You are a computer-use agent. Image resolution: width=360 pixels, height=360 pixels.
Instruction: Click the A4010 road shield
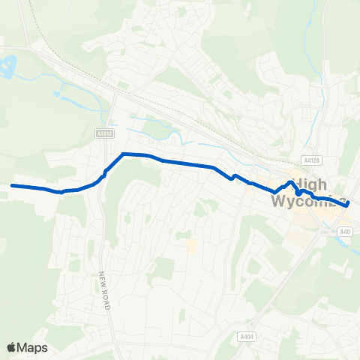pos(104,134)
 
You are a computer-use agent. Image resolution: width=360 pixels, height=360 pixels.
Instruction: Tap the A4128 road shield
pos(312,160)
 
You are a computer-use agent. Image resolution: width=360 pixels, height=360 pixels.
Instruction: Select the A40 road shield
pos(345,232)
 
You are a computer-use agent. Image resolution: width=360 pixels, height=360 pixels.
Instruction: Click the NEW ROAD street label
pos(104,292)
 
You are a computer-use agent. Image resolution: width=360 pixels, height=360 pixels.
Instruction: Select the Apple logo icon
pos(12,347)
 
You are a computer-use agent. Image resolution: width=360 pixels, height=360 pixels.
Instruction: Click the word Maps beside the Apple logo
pos(33,347)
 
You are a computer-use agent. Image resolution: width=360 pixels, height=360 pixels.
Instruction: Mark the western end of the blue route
pos(13,185)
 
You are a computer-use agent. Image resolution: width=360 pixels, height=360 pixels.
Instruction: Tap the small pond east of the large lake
pos(57,94)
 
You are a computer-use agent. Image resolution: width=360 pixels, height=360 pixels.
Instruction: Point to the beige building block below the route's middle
pos(193,245)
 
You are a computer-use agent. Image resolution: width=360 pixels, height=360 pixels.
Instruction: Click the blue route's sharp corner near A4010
pos(123,154)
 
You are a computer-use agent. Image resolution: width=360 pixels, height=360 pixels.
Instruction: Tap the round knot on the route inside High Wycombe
pos(298,192)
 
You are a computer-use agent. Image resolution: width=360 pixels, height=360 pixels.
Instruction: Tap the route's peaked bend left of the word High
pos(289,181)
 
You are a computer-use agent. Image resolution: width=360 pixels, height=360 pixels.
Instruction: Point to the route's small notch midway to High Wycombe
pos(233,177)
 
